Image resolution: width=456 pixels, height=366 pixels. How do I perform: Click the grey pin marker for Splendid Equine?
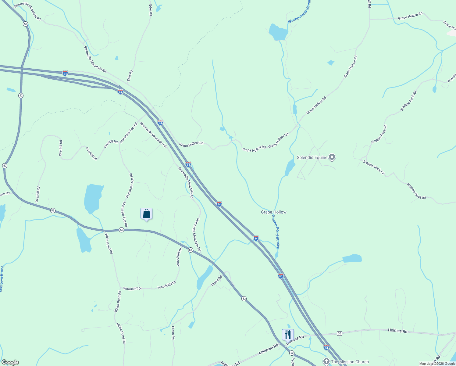point(332,157)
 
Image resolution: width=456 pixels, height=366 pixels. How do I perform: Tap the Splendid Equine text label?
point(312,158)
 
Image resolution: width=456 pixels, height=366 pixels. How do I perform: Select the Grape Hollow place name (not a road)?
point(273,212)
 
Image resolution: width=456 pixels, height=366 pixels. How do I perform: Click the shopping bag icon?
point(146,213)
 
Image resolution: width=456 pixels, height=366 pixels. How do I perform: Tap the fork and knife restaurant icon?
point(288,335)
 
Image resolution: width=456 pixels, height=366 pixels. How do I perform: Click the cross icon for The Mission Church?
point(326,362)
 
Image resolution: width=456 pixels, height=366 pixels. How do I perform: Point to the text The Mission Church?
point(350,362)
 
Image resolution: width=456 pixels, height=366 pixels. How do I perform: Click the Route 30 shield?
point(340,333)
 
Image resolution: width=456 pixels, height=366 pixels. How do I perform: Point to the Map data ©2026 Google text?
point(437,364)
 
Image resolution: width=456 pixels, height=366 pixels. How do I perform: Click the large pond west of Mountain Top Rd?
point(93,198)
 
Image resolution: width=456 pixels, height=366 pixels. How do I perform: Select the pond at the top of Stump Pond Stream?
point(278,32)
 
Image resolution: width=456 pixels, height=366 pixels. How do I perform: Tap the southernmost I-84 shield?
point(326,347)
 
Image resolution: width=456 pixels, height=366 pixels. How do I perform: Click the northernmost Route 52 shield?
point(25,24)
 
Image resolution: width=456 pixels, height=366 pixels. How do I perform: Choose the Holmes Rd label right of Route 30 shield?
point(397,331)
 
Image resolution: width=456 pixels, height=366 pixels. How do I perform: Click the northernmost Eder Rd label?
point(150,10)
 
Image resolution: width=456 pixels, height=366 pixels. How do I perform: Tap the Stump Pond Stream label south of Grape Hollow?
point(276,232)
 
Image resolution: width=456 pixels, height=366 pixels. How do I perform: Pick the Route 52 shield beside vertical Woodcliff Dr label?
point(191,250)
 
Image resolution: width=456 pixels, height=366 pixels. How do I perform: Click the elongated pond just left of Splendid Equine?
point(290,168)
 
